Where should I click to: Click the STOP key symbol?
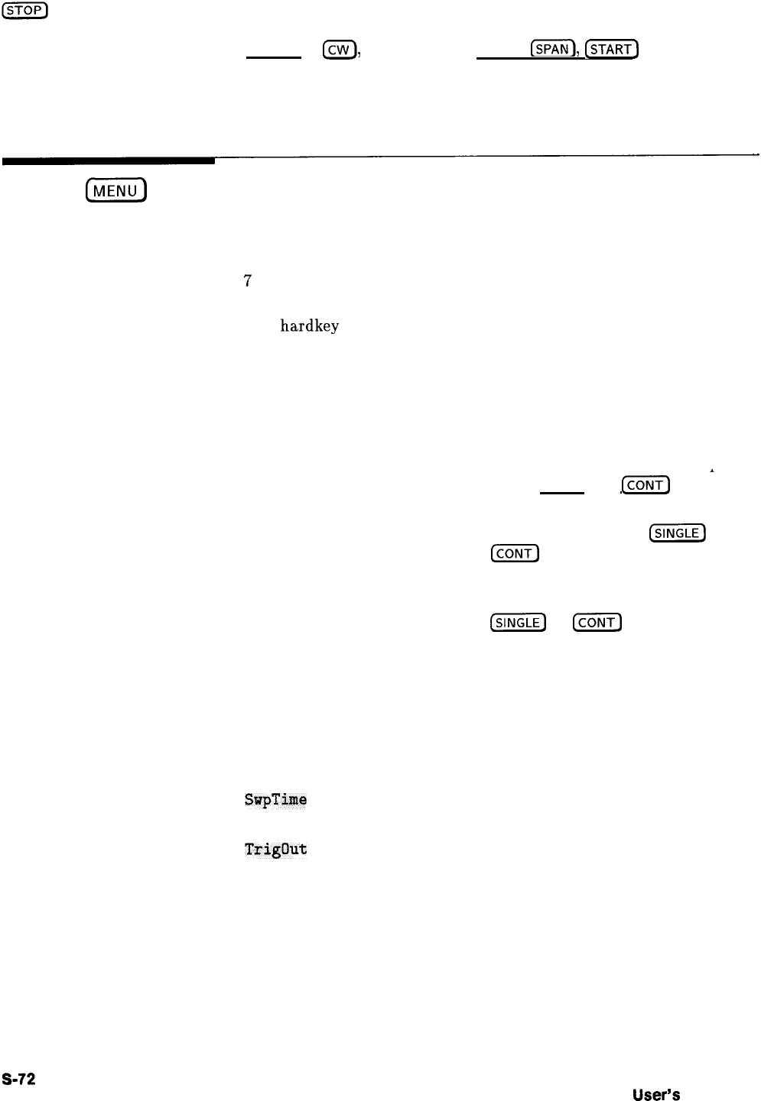(26, 9)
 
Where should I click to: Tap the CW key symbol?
(337, 50)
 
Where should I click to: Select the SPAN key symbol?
(552, 50)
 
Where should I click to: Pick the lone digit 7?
(247, 281)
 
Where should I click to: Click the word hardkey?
(309, 326)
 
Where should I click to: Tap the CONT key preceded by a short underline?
(646, 485)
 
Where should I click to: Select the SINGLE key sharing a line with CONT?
(518, 623)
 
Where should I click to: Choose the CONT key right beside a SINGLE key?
(597, 623)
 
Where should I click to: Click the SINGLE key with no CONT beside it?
(677, 533)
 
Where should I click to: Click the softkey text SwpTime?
(275, 800)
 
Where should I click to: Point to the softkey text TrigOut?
(275, 849)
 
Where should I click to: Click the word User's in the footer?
(656, 1094)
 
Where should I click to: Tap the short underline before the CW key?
(273, 57)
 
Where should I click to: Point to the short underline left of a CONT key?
(562, 493)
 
